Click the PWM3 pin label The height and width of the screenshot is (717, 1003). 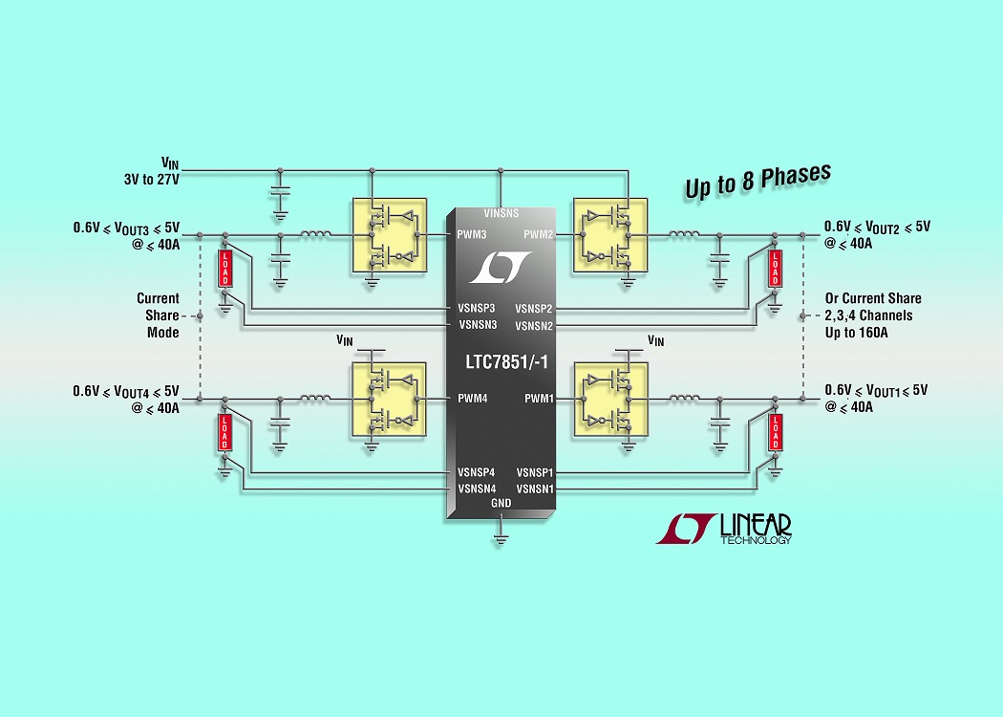click(x=472, y=234)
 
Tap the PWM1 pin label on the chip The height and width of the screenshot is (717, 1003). click(x=540, y=399)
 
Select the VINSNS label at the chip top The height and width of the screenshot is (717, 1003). click(x=501, y=213)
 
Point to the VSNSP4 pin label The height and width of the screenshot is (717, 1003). click(x=476, y=472)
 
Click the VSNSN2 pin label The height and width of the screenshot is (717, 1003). click(x=534, y=326)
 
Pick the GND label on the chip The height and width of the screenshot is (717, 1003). click(x=501, y=503)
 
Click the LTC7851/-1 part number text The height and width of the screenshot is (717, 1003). click(x=506, y=362)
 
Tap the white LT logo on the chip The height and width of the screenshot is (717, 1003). click(x=501, y=267)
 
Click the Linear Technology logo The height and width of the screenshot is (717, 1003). click(x=723, y=529)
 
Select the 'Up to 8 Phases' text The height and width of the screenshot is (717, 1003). click(x=758, y=181)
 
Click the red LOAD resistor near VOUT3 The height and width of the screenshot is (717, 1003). click(x=224, y=269)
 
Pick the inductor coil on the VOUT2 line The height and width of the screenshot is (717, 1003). click(x=684, y=234)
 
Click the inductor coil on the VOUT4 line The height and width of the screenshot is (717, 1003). click(x=315, y=399)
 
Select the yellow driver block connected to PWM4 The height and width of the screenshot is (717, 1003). click(x=389, y=400)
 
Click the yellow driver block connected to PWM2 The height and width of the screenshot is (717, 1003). click(x=610, y=235)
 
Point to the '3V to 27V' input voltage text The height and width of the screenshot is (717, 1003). click(x=152, y=180)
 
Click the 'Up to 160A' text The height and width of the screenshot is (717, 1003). click(x=856, y=333)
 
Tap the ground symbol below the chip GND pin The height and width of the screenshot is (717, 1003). click(x=501, y=539)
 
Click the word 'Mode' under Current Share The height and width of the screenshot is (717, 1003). click(x=163, y=333)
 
